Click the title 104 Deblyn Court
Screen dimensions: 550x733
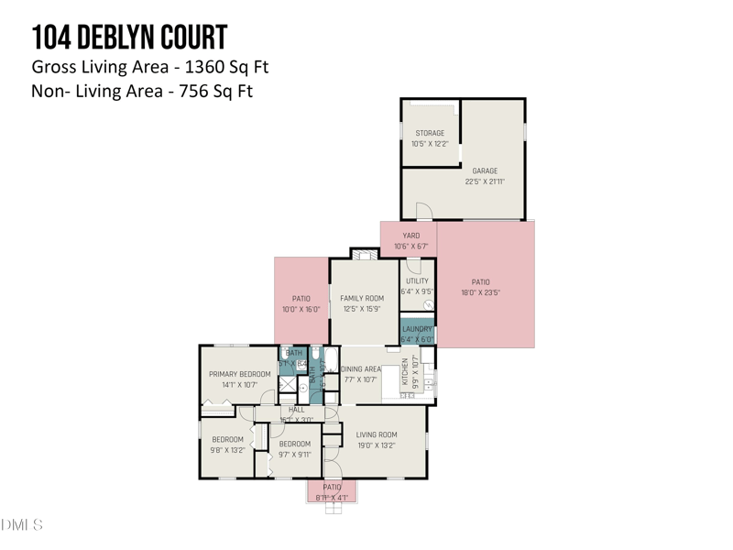point(129,38)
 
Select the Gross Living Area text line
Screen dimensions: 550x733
point(149,67)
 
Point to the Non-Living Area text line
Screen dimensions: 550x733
point(142,91)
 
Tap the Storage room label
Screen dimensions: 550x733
point(430,138)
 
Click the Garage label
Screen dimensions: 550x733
point(485,176)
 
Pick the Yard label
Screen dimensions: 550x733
point(410,241)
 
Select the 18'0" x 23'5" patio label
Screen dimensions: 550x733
point(481,288)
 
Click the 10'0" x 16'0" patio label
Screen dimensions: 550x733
point(301,304)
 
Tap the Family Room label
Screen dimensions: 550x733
point(362,303)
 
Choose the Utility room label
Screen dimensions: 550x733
point(417,287)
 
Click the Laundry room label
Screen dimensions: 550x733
point(417,334)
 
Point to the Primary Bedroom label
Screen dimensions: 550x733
point(239,379)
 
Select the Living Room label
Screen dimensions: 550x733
point(377,440)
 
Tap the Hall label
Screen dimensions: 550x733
point(297,414)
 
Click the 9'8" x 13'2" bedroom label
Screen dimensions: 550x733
point(228,445)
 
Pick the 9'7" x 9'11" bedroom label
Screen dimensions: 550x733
point(295,449)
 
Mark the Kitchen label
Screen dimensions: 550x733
point(410,374)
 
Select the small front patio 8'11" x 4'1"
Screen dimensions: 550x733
point(332,492)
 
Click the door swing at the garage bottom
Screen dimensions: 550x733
point(423,212)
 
